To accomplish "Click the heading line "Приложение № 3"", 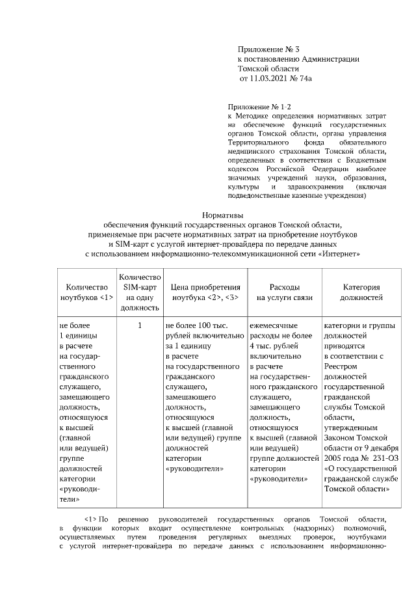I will (268, 49).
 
